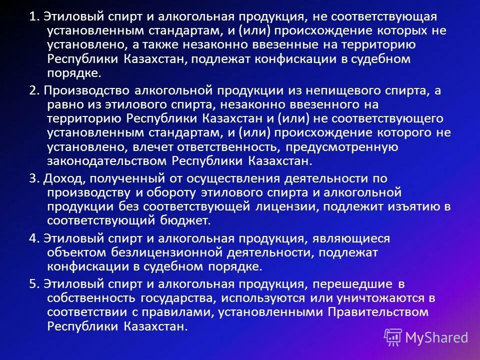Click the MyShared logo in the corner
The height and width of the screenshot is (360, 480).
tap(426, 336)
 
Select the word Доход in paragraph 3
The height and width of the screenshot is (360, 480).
tap(60, 178)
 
